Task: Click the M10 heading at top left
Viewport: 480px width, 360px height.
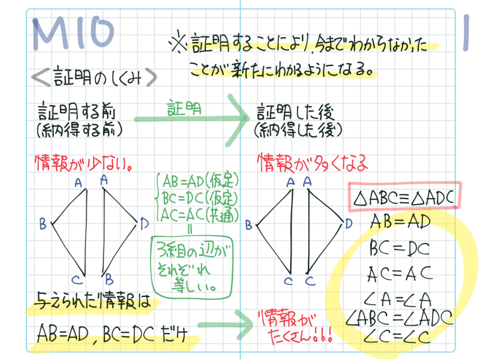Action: (73, 34)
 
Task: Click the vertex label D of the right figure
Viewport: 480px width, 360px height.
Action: (349, 224)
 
